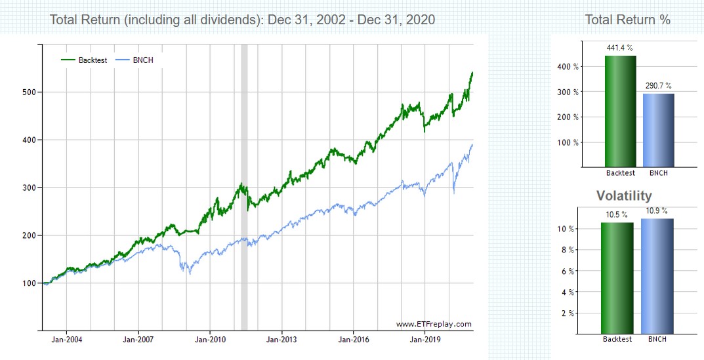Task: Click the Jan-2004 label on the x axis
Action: (x=66, y=340)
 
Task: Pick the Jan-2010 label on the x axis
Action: (x=209, y=340)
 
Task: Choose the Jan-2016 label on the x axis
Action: (x=353, y=340)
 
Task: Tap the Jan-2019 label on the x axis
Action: (x=425, y=340)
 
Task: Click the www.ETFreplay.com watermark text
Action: (x=434, y=324)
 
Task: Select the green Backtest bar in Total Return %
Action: (x=620, y=111)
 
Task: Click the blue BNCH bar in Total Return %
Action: (x=658, y=130)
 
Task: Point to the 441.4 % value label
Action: (x=620, y=49)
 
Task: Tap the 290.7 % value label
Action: (x=658, y=86)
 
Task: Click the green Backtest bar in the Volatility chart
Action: (x=617, y=278)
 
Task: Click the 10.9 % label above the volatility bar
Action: (x=657, y=211)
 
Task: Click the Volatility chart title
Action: (x=624, y=195)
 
